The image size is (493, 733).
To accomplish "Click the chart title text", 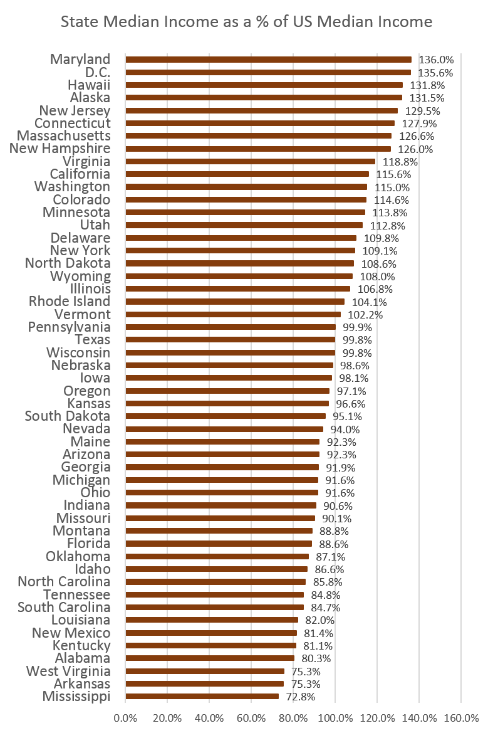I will pyautogui.click(x=246, y=22).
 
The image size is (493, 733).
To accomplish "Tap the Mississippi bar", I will pyautogui.click(x=202, y=697).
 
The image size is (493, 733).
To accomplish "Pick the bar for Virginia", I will pyautogui.click(x=250, y=162).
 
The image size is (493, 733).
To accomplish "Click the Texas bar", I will pyautogui.click(x=230, y=340).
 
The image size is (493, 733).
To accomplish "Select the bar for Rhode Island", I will pyautogui.click(x=235, y=302).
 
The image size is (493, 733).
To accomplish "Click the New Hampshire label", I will pyautogui.click(x=60, y=149).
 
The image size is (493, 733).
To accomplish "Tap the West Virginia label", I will pyautogui.click(x=68, y=671).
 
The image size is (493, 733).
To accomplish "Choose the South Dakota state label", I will pyautogui.click(x=68, y=416).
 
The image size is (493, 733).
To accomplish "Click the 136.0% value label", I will pyautogui.click(x=436, y=60).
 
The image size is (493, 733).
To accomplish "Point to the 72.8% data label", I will pyautogui.click(x=301, y=697).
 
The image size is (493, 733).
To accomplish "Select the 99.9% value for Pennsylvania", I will pyautogui.click(x=358, y=327).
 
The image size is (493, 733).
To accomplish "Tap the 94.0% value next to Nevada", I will pyautogui.click(x=345, y=430).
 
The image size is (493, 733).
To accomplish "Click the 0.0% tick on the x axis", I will pyautogui.click(x=125, y=717).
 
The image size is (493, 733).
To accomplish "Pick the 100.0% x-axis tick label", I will pyautogui.click(x=335, y=717).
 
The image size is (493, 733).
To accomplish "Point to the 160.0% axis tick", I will pyautogui.click(x=461, y=717).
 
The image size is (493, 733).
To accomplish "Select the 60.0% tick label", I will pyautogui.click(x=251, y=717).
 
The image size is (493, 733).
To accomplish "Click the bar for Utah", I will pyautogui.click(x=244, y=225).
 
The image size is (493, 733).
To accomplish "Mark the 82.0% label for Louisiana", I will pyautogui.click(x=320, y=620).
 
